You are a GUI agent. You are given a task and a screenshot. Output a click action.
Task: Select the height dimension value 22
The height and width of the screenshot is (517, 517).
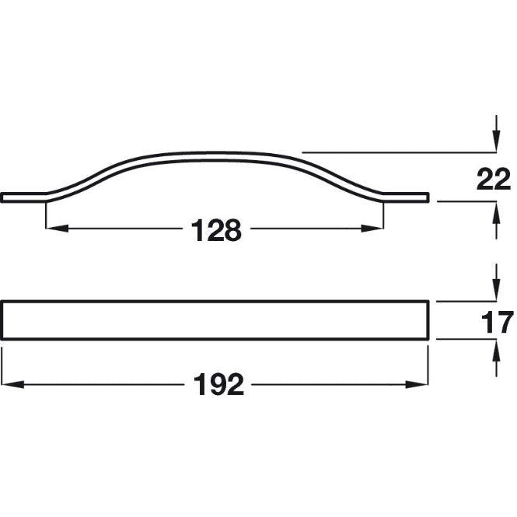[x=494, y=180]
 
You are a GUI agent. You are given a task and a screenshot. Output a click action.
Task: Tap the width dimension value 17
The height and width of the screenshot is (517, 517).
[x=494, y=322]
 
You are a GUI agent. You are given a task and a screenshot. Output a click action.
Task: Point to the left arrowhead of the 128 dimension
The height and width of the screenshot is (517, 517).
[x=54, y=229]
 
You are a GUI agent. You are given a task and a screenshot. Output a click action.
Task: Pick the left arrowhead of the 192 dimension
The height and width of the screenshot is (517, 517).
[x=9, y=384]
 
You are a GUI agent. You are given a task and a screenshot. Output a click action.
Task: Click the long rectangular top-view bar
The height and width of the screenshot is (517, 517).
[x=215, y=320]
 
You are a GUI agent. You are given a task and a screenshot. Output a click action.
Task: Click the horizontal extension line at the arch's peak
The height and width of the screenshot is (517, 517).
[x=389, y=152]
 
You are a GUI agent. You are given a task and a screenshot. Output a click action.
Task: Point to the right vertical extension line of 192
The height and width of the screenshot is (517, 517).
[x=429, y=365]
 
